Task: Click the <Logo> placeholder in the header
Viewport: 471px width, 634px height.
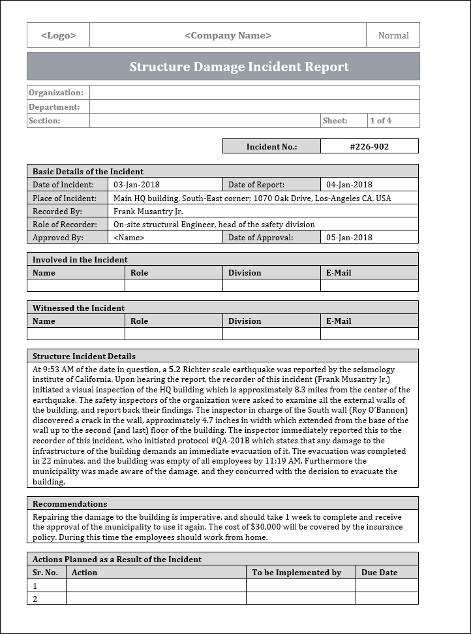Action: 58,36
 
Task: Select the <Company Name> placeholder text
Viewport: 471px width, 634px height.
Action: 228,36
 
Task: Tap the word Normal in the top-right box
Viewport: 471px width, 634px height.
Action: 393,36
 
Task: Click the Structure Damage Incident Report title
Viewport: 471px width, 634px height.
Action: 239,67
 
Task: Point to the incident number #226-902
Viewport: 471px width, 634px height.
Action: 369,147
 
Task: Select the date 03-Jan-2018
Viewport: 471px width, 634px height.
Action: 136,185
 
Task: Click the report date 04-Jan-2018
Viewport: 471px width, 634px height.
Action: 349,185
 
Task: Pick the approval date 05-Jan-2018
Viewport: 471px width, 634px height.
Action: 349,238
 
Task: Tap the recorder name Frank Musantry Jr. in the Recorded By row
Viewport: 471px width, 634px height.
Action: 148,212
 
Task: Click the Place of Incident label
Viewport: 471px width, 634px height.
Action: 65,198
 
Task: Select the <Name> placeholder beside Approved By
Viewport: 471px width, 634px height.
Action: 129,238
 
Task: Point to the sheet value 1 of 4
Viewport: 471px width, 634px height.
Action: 380,121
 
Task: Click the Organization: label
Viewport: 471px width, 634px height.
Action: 55,93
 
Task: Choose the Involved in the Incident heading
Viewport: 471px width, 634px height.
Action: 80,260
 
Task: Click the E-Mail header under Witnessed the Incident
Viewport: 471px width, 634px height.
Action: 339,321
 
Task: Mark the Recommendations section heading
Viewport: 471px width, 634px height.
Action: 70,504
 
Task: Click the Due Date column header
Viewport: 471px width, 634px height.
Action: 379,573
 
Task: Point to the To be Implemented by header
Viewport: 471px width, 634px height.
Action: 296,573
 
